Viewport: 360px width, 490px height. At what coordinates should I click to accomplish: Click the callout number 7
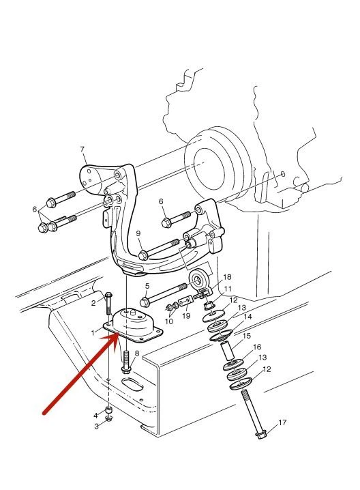pos(82,149)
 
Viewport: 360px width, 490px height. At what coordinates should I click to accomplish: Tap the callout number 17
pos(282,422)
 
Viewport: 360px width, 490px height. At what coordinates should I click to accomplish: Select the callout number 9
pos(138,233)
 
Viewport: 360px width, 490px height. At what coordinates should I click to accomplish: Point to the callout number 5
pos(147,286)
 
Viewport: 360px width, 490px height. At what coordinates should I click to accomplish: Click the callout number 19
pos(186,315)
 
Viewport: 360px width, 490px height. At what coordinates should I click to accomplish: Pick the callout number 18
pos(227,277)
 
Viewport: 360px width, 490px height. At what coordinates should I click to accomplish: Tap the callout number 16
pos(257,347)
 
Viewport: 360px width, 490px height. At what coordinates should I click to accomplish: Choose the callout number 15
pos(247,336)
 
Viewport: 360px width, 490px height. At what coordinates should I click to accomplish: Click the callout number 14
pos(248,317)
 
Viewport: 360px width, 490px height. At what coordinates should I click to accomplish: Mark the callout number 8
pos(137,354)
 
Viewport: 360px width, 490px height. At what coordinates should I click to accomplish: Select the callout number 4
pos(95,416)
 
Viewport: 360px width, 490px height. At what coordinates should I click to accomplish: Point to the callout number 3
pos(97,426)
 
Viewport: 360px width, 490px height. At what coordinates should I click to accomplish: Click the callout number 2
pos(93,303)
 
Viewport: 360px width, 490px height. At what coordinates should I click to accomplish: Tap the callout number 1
pos(93,333)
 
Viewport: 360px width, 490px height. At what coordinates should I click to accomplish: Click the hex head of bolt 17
pos(260,435)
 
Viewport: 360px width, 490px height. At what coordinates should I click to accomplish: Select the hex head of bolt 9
pos(143,255)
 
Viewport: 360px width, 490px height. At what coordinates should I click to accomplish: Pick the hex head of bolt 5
pos(145,302)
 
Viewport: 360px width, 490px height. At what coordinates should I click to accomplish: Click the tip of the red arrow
pos(119,334)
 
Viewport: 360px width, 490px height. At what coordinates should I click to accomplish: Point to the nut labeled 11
pos(209,304)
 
